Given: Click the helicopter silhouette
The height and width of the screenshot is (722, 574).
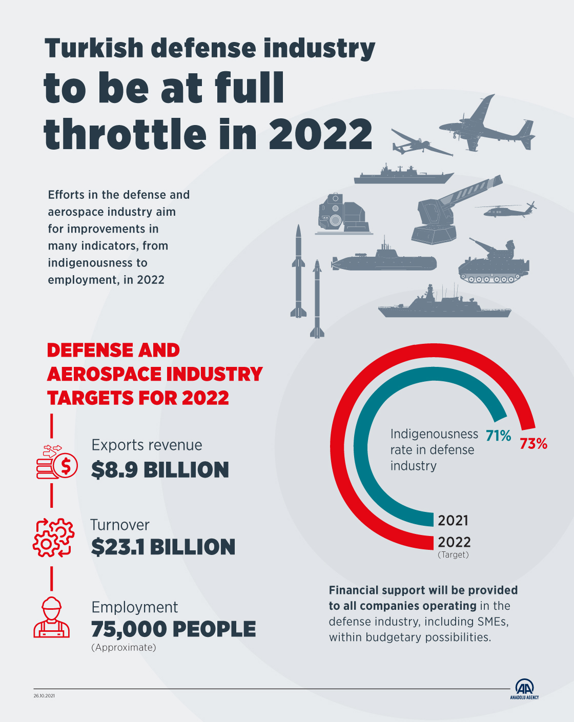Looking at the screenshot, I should click(504, 210).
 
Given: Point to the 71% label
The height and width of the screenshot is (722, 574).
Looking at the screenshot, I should click(498, 436).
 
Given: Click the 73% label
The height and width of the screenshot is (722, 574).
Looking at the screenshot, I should click(533, 444).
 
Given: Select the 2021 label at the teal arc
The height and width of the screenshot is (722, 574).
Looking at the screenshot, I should click(453, 521).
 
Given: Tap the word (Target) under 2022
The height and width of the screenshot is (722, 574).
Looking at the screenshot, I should click(453, 555).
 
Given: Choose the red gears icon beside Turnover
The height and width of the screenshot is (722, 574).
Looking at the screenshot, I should click(53, 538).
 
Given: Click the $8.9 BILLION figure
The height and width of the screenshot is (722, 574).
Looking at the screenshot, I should click(160, 470).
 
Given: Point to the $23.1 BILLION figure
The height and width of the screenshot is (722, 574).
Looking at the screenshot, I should click(163, 547).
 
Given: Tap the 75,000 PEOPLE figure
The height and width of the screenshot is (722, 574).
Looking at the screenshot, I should click(173, 629).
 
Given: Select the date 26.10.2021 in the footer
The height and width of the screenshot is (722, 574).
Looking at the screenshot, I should click(44, 696).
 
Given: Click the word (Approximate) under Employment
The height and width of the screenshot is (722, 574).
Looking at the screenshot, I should click(124, 648).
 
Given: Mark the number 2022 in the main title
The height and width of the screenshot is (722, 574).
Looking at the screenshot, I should click(320, 134).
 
